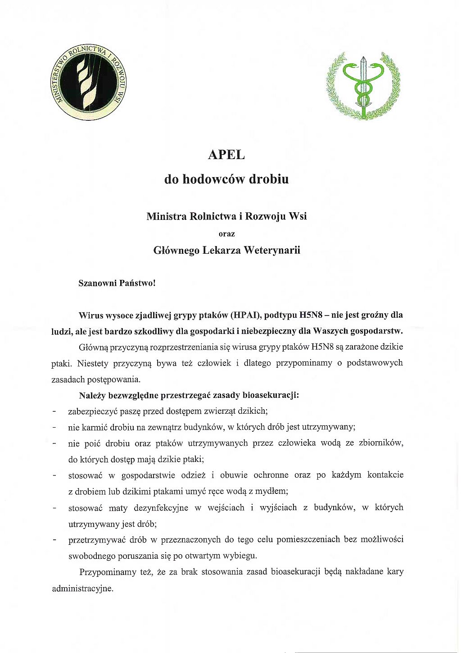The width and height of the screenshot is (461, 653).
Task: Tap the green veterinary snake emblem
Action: pyautogui.click(x=362, y=85)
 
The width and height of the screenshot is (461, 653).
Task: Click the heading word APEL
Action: pyautogui.click(x=226, y=155)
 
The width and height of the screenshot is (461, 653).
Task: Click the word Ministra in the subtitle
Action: pyautogui.click(x=166, y=216)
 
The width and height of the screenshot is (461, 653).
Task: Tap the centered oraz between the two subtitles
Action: pyautogui.click(x=226, y=234)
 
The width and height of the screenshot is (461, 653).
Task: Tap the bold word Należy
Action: pyautogui.click(x=92, y=396)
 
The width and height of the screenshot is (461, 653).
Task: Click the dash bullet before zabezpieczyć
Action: pyautogui.click(x=54, y=411)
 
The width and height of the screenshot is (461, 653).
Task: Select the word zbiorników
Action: pyautogui.click(x=380, y=443)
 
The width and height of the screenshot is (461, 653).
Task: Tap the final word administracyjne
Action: pyautogui.click(x=82, y=589)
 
